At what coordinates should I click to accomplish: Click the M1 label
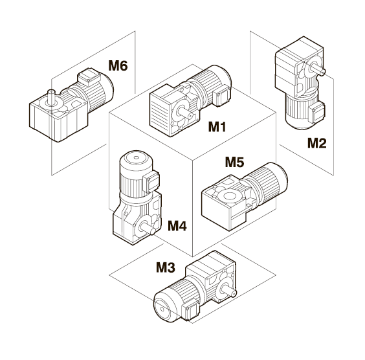pyautogui.click(x=217, y=127)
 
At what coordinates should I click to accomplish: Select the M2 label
pyautogui.click(x=317, y=143)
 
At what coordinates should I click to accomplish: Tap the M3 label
pyautogui.click(x=165, y=267)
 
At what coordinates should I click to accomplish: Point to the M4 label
pyautogui.click(x=177, y=225)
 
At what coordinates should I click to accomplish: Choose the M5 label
pyautogui.click(x=235, y=162)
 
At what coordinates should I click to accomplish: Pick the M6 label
pyautogui.click(x=118, y=65)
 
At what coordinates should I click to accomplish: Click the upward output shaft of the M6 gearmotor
pyautogui.click(x=51, y=96)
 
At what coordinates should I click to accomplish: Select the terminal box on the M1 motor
pyautogui.click(x=221, y=95)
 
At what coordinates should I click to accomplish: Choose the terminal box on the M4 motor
pyautogui.click(x=151, y=181)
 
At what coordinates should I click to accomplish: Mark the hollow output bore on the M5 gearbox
pyautogui.click(x=228, y=195)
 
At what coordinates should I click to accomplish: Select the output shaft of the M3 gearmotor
pyautogui.click(x=228, y=290)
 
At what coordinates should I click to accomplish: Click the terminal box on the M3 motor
pyautogui.click(x=192, y=309)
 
